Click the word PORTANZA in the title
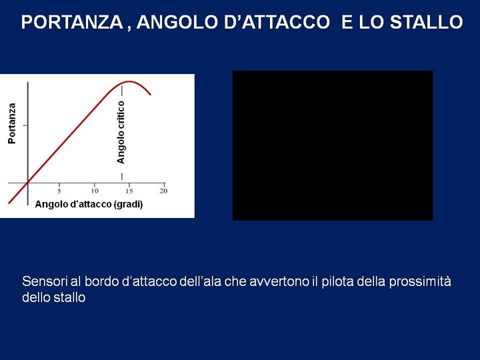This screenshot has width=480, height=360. coord(72,22)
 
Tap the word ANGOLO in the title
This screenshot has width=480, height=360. coord(178,22)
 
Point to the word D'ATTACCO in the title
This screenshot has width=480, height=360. coord(277,22)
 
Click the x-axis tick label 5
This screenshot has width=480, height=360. coord(59,191)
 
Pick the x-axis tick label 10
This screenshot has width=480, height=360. coord(95,191)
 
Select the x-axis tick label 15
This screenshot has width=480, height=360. coord(129,191)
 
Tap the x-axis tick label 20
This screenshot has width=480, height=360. coord(163,191)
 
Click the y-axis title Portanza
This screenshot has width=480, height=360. coord(11,123)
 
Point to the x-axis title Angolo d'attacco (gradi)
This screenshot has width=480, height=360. coord(89,204)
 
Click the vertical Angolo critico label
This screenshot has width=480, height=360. coord(121,132)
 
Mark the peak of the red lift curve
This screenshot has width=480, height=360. coord(129,81)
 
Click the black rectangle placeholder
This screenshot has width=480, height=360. coord(333,145)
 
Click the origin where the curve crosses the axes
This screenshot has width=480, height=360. coord(28,183)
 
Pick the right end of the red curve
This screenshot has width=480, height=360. coord(150,94)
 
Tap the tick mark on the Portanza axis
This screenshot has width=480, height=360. coord(25,125)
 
